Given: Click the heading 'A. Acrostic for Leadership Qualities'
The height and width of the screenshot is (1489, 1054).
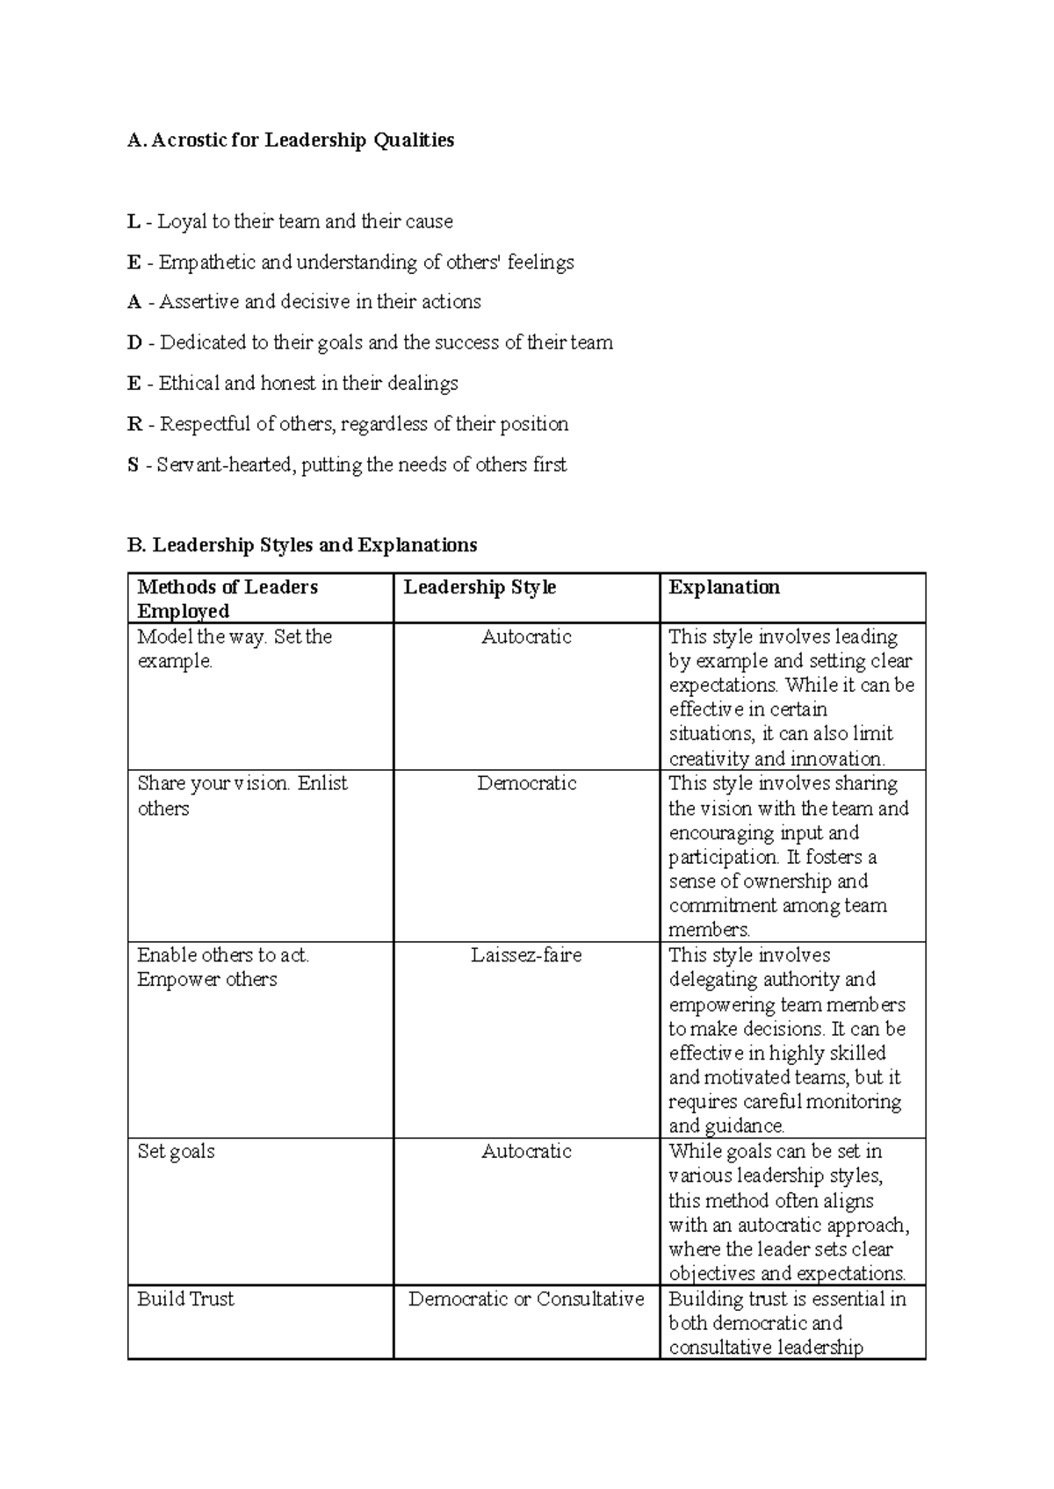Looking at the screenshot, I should pos(291,140).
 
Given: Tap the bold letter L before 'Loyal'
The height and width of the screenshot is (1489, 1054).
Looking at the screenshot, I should pos(134,221).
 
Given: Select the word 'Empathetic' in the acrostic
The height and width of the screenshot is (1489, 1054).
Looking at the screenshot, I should pos(207,263).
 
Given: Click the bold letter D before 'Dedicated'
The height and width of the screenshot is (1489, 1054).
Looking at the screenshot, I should pos(134,343).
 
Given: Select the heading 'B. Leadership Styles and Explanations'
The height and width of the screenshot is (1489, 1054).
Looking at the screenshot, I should pos(302,545).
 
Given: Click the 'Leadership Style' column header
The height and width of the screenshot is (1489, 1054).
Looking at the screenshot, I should pos(480,587).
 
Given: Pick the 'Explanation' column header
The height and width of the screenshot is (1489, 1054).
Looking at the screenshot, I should pos(724,587).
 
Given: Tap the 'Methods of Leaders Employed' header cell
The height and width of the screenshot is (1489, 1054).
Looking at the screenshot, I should pos(227,599).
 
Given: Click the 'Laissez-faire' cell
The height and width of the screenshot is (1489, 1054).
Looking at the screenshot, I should pos(526,955).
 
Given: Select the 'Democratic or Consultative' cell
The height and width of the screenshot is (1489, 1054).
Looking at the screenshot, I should pos(526,1299).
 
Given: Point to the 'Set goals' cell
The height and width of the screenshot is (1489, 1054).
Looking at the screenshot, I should pos(176,1152).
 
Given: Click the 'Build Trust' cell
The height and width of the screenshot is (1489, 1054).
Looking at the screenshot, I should pos(185,1299).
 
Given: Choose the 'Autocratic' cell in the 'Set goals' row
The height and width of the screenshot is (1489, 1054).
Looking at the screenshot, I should pos(526,1152).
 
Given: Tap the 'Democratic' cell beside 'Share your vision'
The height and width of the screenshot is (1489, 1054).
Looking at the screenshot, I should pos(526,784).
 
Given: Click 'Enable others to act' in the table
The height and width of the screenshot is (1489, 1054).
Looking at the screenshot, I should pos(223,955).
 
